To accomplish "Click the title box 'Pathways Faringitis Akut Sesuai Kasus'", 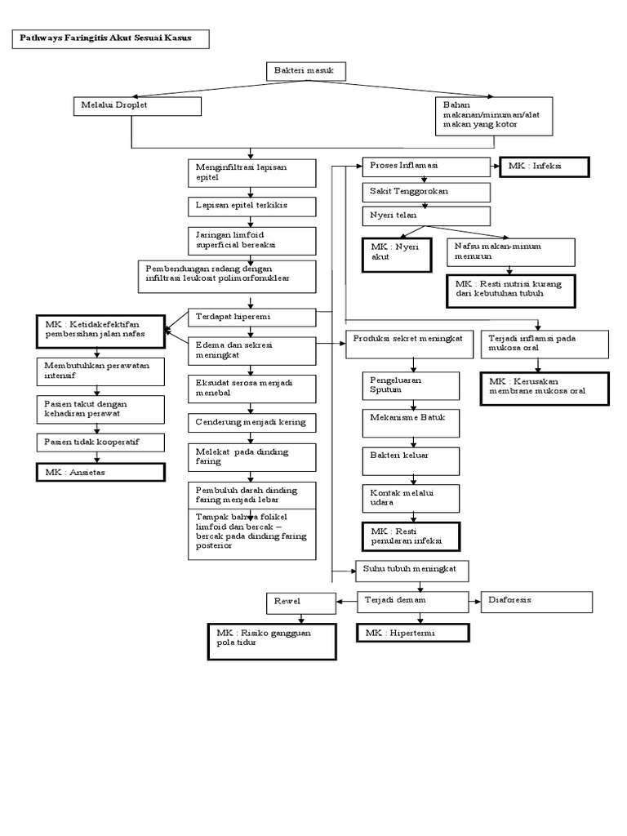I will pyautogui.click(x=110, y=39).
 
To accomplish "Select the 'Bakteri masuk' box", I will pyautogui.click(x=306, y=72).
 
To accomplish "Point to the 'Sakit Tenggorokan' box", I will pyautogui.click(x=426, y=192).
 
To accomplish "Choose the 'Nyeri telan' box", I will pyautogui.click(x=426, y=216).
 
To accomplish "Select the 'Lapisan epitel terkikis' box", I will pyautogui.click(x=251, y=206).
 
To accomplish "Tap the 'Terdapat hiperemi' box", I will pyautogui.click(x=251, y=316).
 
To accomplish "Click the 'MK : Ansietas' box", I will pyautogui.click(x=100, y=473).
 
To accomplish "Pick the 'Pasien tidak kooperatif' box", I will pyautogui.click(x=100, y=442).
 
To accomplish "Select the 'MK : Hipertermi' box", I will pyautogui.click(x=413, y=633).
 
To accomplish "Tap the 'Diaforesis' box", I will pyautogui.click(x=536, y=602).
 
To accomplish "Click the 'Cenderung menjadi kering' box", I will pyautogui.click(x=251, y=423).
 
